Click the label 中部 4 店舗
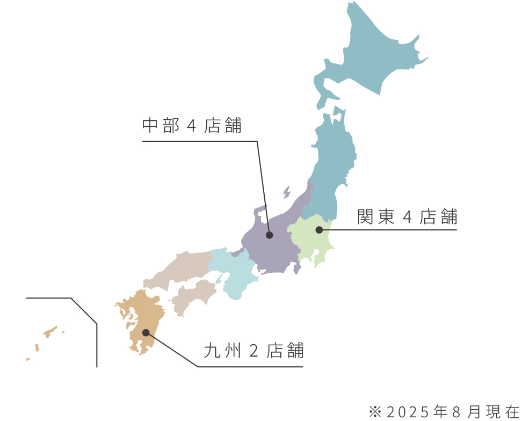[192, 126]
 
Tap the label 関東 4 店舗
[407, 217]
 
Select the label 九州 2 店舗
[254, 351]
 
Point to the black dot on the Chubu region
[270, 235]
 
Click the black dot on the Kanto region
[319, 230]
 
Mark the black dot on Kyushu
[146, 333]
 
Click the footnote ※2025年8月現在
[445, 412]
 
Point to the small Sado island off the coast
[287, 192]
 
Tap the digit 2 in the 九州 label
[255, 351]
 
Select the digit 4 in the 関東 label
[407, 217]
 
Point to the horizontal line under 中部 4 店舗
[199, 141]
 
